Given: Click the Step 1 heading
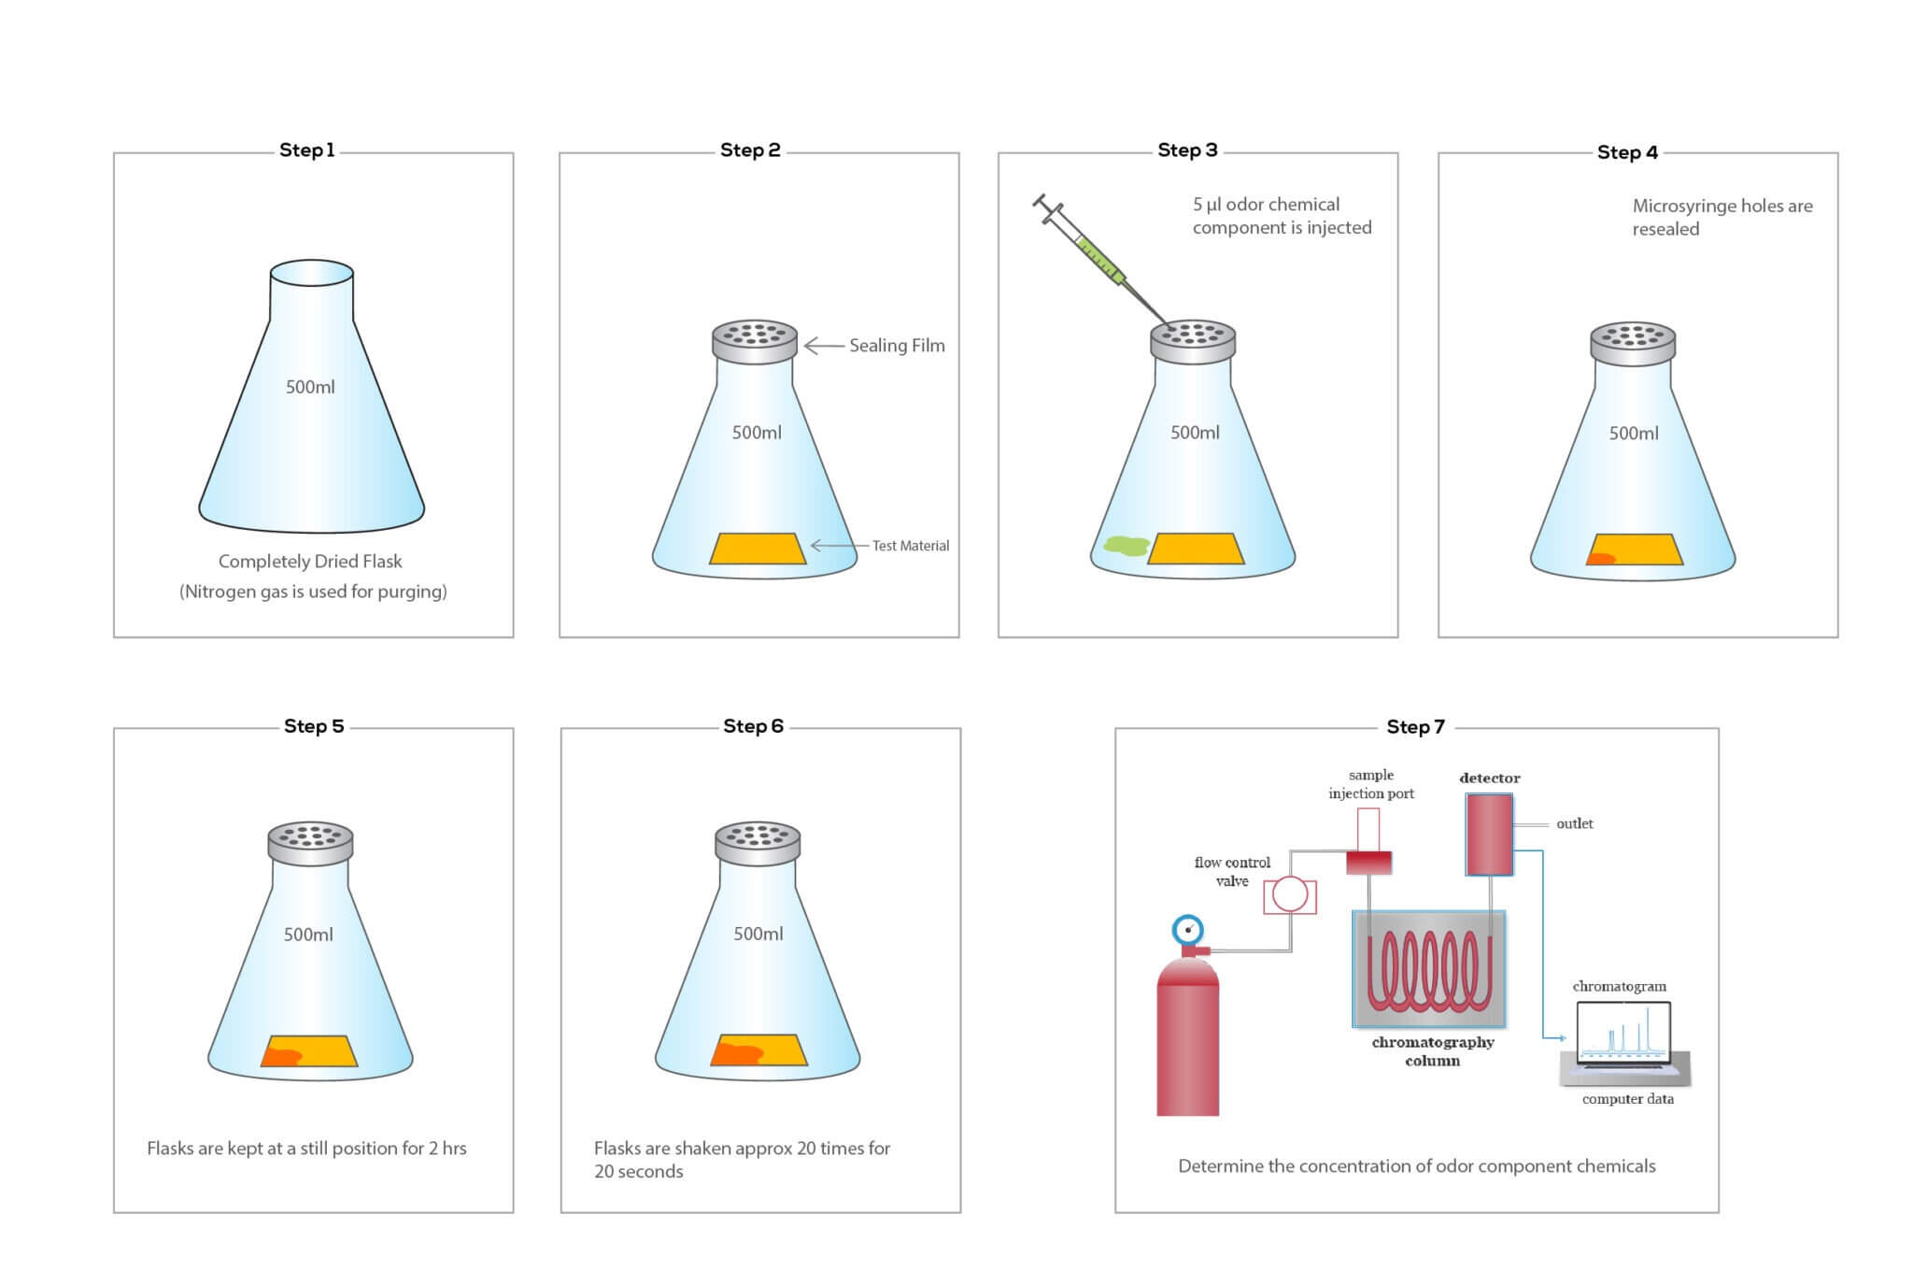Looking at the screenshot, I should (306, 150).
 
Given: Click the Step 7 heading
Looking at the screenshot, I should (1415, 727).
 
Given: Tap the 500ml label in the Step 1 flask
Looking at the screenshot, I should (310, 387).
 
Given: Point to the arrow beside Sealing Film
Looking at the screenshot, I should (823, 346).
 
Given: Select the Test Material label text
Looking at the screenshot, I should (910, 546).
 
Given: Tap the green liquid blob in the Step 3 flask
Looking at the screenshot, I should (1126, 546).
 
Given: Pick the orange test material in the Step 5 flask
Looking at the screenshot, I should (309, 1050).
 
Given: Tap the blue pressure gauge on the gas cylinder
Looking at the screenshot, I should (1187, 930).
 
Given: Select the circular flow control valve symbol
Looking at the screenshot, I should (1290, 894).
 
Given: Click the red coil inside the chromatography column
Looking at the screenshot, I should (1428, 972).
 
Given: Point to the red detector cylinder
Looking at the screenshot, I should (1489, 835).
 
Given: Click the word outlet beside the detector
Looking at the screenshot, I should (1574, 824).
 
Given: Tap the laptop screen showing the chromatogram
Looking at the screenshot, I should (1623, 1034).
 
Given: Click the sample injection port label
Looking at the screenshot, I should (1370, 784).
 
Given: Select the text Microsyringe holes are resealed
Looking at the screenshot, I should (1722, 217).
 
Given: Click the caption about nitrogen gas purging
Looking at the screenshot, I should (313, 592).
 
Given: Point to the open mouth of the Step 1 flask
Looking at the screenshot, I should (312, 273).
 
